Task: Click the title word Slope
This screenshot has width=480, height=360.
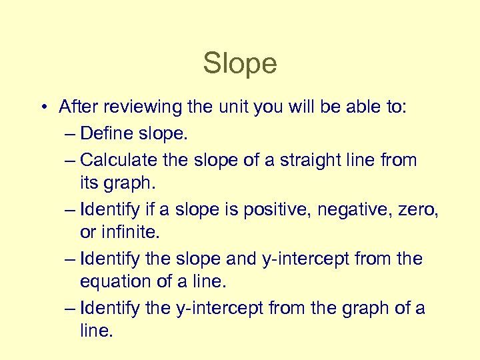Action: pyautogui.click(x=240, y=64)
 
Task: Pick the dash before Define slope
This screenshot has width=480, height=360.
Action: pyautogui.click(x=71, y=134)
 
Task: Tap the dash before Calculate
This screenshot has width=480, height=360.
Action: pyautogui.click(x=71, y=161)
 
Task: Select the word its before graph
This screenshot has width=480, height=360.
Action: pyautogui.click(x=89, y=183)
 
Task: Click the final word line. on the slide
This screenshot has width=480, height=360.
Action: pyautogui.click(x=96, y=331)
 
